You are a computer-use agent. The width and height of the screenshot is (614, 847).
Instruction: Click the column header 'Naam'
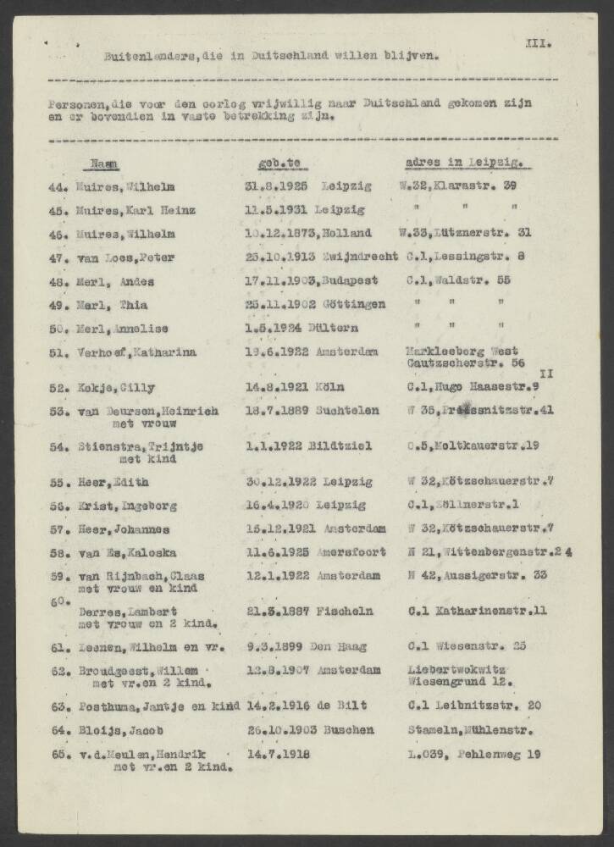(x=105, y=163)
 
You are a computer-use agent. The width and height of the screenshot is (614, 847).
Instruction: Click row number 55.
(x=58, y=482)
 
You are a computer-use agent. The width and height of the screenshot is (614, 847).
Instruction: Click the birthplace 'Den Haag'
(x=336, y=646)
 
